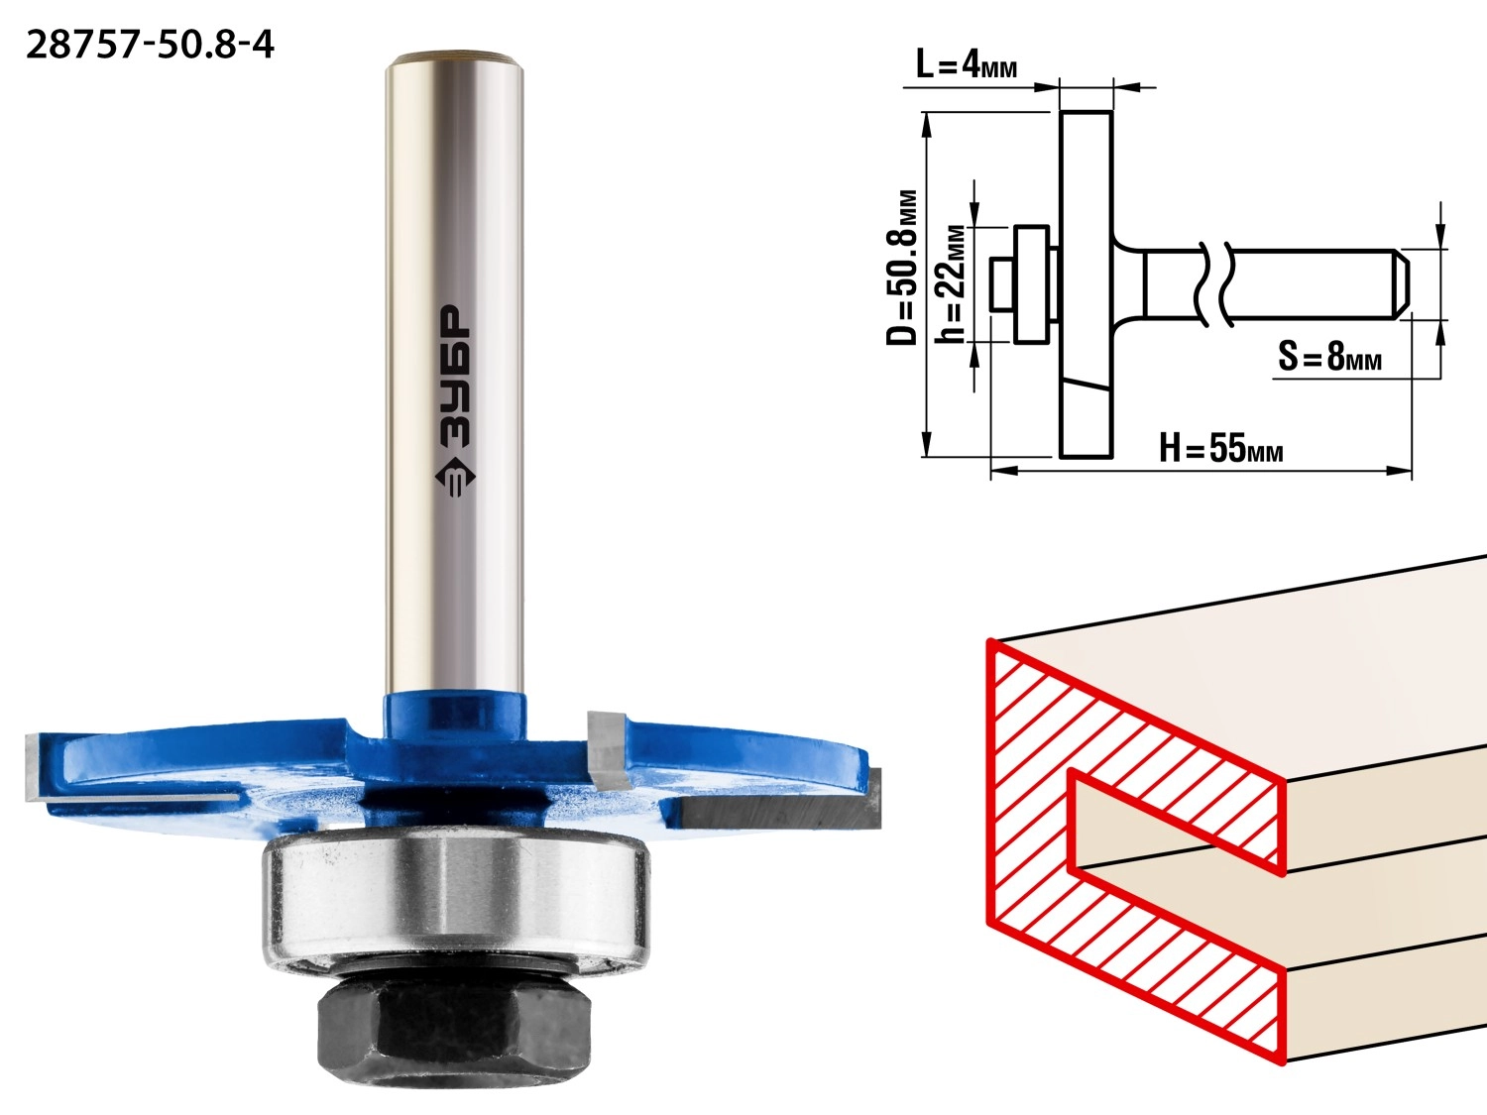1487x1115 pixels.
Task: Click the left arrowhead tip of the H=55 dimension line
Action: click(x=991, y=471)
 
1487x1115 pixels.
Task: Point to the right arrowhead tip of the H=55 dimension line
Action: click(x=1412, y=471)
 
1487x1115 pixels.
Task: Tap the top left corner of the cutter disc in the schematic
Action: click(x=1061, y=112)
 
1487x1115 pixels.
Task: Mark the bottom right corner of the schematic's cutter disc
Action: click(x=1111, y=457)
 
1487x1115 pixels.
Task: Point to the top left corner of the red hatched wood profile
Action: click(x=988, y=639)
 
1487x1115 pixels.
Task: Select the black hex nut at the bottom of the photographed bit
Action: click(x=454, y=1029)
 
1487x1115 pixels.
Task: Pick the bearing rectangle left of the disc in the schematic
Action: click(x=1032, y=284)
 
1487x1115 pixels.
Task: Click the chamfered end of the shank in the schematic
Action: click(x=1401, y=284)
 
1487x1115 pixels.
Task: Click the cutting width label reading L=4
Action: click(x=966, y=65)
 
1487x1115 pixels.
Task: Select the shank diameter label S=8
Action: click(x=1329, y=356)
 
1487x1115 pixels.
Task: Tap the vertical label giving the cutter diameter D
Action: click(x=902, y=268)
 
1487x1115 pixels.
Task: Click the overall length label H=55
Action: click(x=1220, y=448)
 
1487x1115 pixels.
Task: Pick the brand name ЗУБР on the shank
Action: click(x=455, y=377)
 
